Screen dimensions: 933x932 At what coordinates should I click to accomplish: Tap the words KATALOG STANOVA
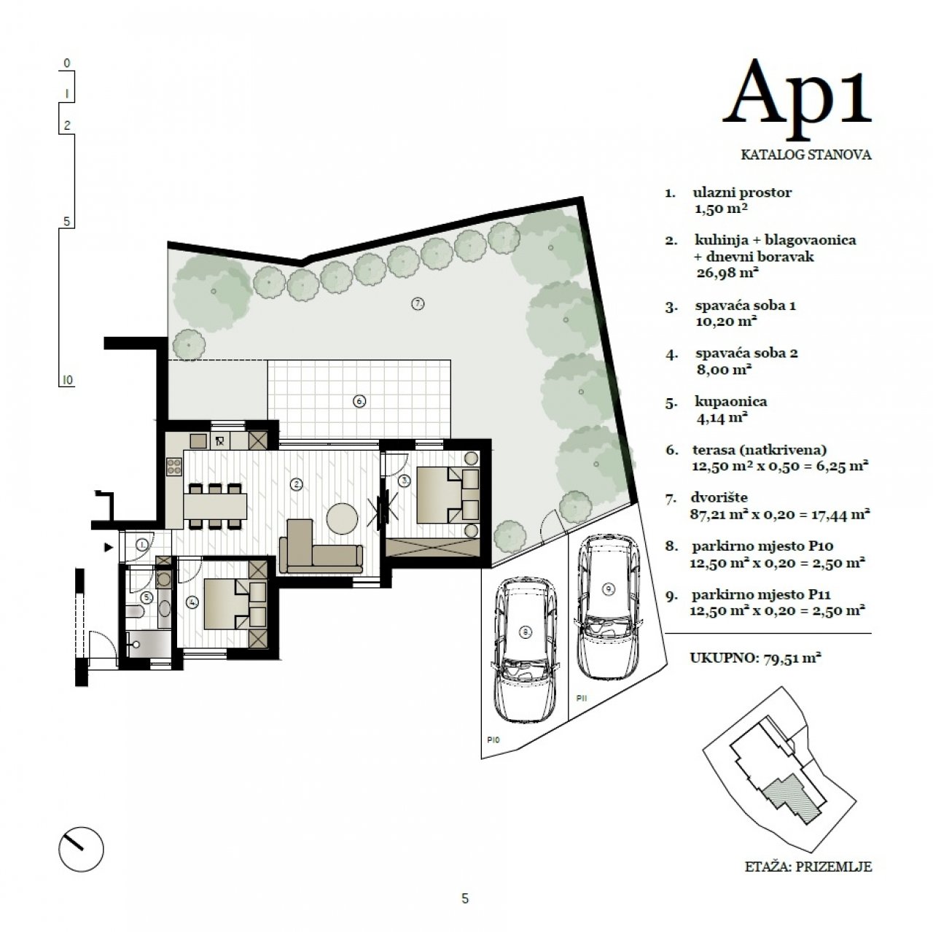coord(805,155)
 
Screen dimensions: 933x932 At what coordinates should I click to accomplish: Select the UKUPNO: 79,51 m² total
coord(755,657)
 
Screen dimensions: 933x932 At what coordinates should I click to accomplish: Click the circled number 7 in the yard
coord(418,303)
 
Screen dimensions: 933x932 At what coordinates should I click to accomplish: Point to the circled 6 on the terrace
coord(359,401)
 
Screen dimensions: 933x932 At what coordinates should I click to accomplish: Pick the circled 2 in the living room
coord(297,484)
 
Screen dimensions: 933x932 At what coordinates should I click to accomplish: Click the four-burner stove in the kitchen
coord(174,467)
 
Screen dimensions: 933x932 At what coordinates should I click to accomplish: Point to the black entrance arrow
coord(109,548)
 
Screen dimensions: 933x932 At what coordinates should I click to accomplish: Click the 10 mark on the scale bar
coord(67,380)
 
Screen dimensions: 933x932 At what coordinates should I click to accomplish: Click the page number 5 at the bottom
coord(465,898)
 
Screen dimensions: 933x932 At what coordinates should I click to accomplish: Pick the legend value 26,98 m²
coord(727,272)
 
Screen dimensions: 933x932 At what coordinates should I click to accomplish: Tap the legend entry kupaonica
coord(731,401)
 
